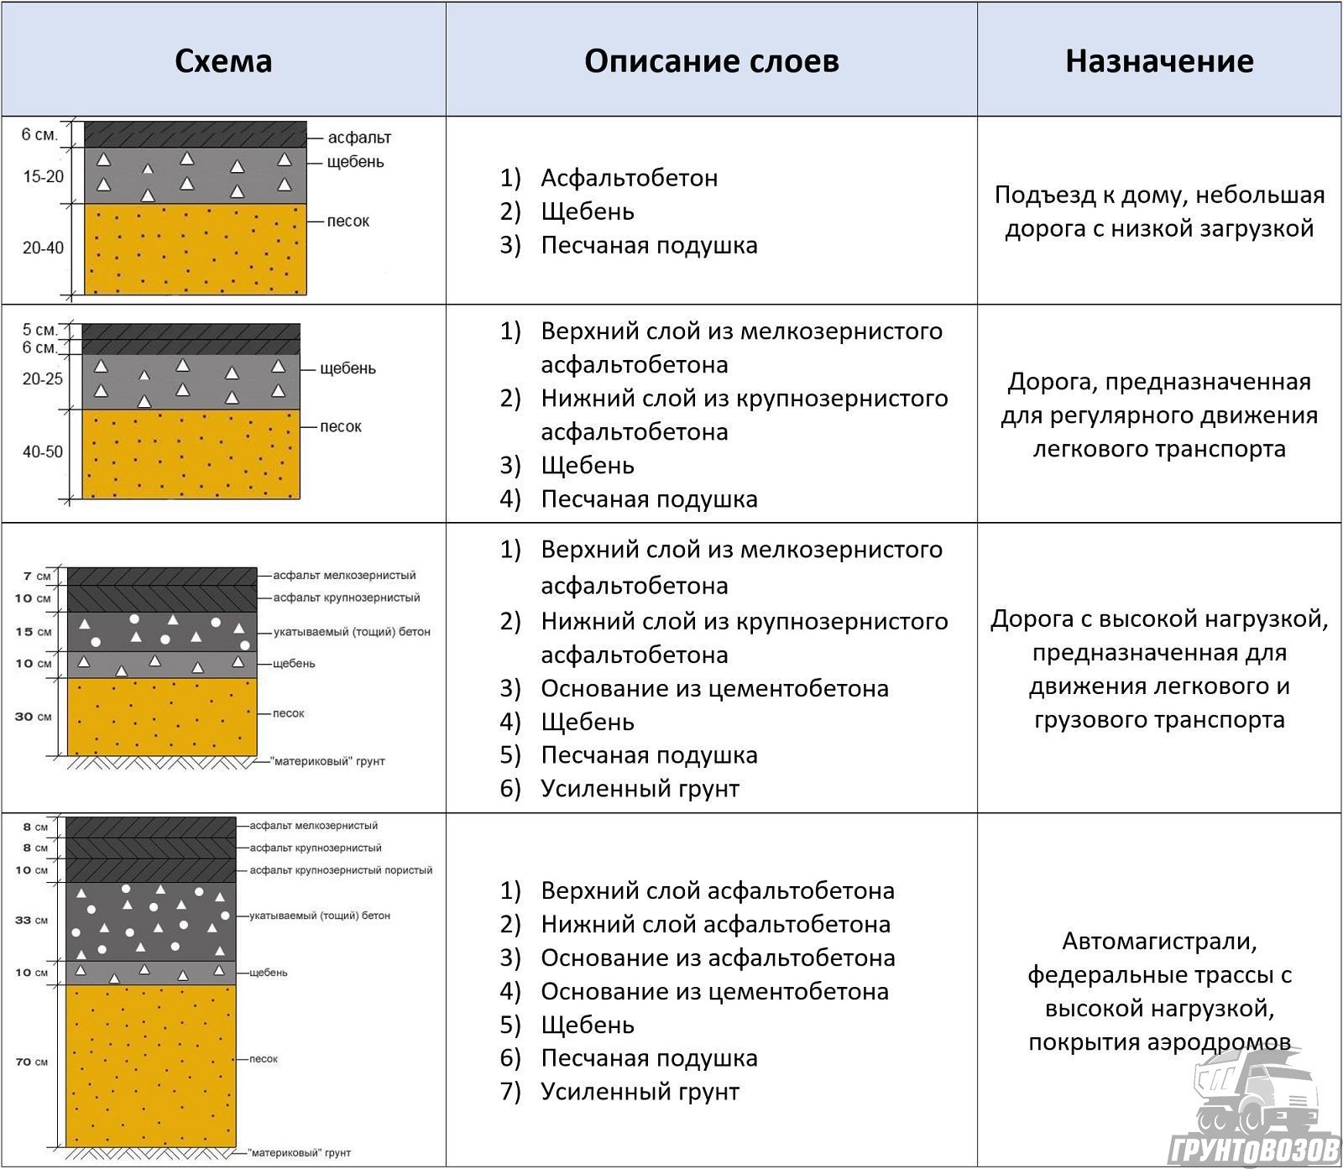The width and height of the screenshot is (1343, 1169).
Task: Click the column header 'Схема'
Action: [223, 61]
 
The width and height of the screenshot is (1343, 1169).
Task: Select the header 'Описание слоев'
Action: [711, 61]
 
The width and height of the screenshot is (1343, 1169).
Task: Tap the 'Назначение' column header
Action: [1159, 61]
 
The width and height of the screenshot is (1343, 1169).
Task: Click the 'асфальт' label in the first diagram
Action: [359, 137]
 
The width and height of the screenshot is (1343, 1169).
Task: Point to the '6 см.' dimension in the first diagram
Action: [39, 134]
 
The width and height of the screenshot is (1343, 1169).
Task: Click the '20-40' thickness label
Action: [43, 248]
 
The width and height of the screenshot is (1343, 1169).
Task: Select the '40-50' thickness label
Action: [43, 452]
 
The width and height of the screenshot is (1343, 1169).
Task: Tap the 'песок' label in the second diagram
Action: [341, 426]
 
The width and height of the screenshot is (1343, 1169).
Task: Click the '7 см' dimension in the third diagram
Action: [38, 577]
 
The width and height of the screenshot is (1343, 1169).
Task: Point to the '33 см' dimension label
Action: [30, 921]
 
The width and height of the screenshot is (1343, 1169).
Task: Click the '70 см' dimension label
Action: [30, 1062]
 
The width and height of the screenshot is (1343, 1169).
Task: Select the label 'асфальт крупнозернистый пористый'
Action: [341, 870]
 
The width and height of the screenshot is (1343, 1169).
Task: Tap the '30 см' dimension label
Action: [33, 717]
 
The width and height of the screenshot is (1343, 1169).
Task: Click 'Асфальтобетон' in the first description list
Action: [629, 178]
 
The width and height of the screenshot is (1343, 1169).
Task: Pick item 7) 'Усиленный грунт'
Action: [640, 1092]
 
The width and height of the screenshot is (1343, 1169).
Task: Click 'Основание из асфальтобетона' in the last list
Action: [718, 958]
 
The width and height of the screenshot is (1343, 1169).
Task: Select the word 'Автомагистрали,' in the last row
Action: [1159, 942]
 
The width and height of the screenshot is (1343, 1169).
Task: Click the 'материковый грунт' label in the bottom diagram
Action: [300, 1153]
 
